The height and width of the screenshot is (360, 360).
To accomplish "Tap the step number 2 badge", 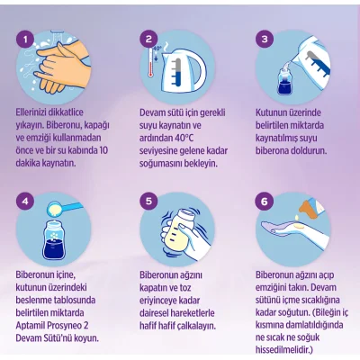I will pos(148,39).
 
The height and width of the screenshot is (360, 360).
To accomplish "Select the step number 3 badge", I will pos(265,39).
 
